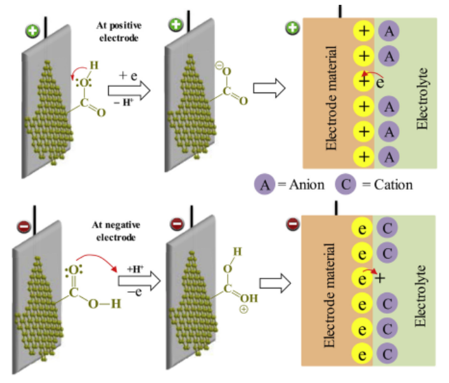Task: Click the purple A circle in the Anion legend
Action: pos(266,184)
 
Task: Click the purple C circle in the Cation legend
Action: pos(346,184)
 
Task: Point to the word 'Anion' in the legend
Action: pos(304,185)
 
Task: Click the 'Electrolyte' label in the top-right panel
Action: pos(422,97)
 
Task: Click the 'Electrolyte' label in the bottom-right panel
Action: pos(422,295)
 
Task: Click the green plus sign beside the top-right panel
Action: pos(292,28)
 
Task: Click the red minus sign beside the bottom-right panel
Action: pos(292,223)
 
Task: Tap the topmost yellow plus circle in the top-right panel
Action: pos(364,32)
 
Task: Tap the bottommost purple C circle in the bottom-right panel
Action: pos(387,354)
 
